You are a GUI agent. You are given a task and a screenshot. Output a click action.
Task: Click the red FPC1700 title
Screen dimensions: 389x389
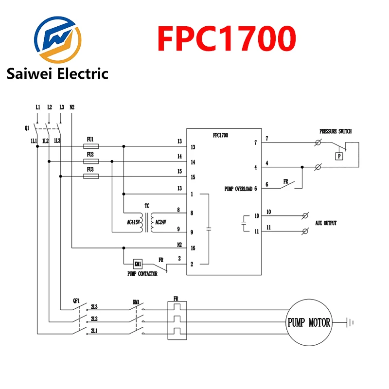227,38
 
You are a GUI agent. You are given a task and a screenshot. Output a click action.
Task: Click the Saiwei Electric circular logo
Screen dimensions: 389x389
57,40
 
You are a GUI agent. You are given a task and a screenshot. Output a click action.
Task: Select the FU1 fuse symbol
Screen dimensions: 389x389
91,146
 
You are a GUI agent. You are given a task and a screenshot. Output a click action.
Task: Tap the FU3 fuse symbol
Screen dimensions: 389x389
91,177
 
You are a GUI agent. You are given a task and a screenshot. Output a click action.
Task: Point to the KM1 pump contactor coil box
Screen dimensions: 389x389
138,264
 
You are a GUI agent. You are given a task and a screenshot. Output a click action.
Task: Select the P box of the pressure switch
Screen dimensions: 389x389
339,156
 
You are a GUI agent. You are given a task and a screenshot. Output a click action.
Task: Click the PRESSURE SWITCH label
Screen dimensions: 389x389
336,131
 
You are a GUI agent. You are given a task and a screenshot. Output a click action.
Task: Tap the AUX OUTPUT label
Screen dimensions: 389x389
326,223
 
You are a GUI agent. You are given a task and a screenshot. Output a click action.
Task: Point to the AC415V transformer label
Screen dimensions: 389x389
133,222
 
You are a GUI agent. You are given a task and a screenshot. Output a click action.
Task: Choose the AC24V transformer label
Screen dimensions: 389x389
161,222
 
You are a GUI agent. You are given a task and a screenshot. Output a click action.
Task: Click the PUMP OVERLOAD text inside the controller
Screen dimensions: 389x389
238,189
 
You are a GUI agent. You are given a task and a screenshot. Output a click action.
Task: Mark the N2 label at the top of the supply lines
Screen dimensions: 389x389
72,107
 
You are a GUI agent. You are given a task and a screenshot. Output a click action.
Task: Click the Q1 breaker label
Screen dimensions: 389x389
27,128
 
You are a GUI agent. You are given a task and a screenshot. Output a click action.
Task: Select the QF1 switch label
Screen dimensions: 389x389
76,301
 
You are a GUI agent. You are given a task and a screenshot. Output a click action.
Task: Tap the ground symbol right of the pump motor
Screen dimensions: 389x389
350,322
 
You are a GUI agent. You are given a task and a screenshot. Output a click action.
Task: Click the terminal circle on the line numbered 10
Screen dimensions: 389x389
305,216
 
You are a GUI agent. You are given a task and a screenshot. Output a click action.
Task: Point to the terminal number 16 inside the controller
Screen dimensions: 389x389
193,248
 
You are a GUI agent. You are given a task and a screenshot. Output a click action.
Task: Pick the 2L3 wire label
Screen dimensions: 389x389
94,307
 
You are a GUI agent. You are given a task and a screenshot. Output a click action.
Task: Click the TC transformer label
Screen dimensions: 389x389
147,206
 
